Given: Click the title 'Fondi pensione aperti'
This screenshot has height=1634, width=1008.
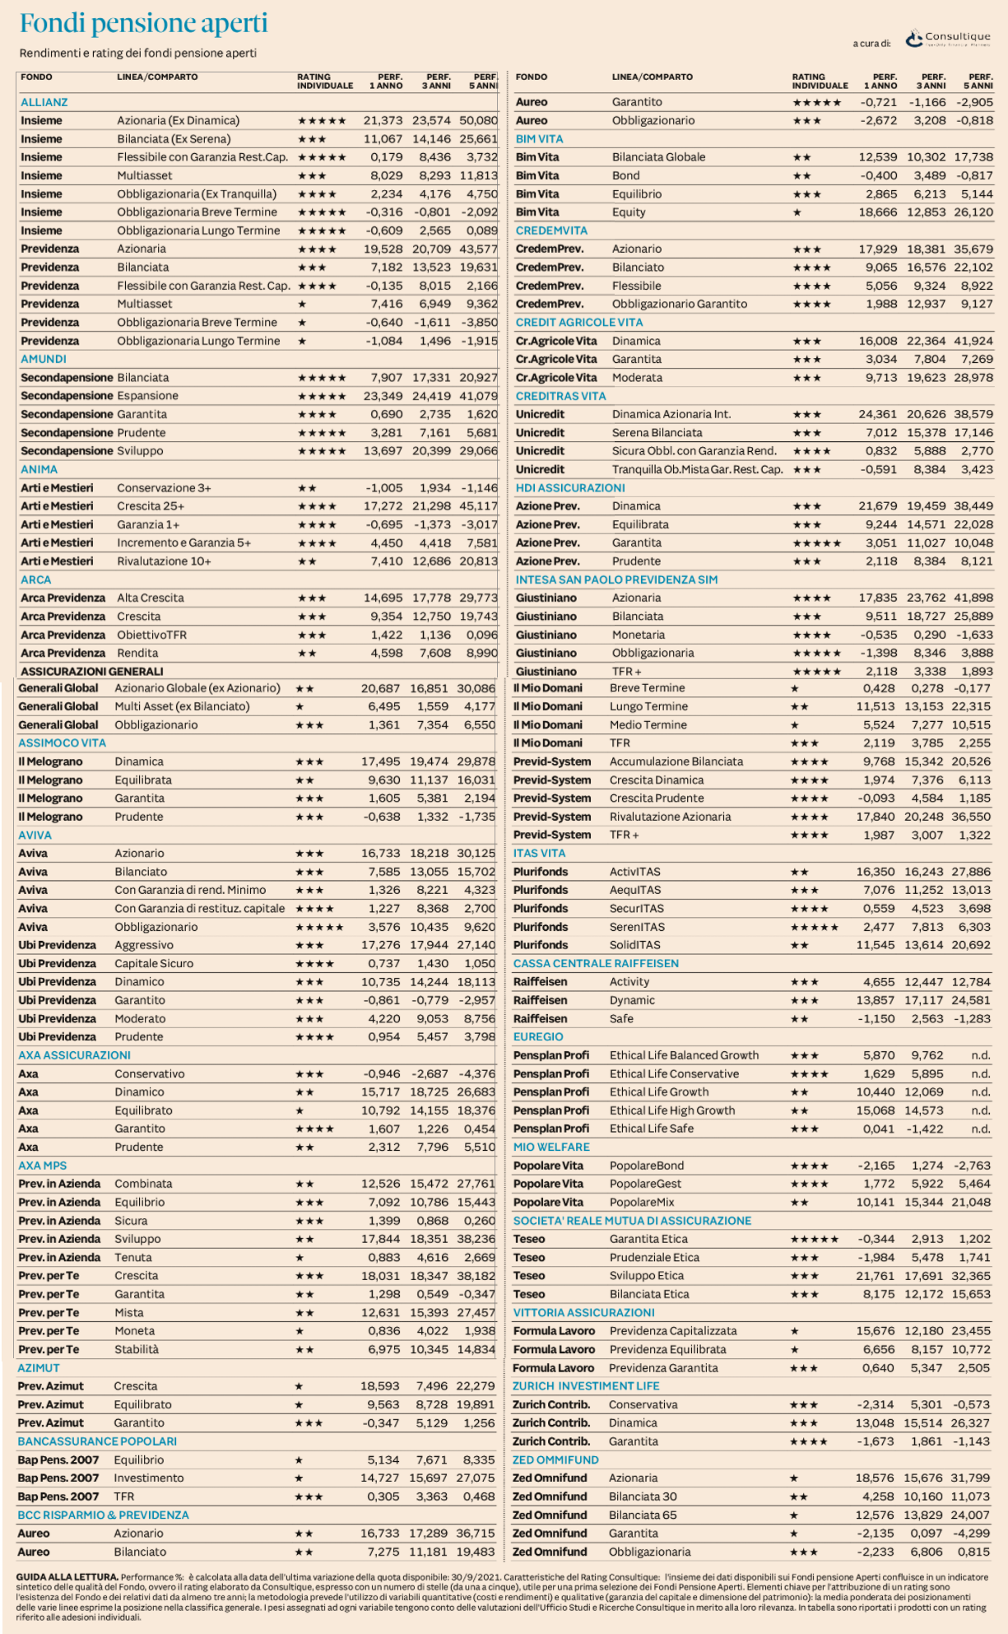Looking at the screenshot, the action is click(x=143, y=24).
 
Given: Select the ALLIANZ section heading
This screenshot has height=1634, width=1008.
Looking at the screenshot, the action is click(x=44, y=102).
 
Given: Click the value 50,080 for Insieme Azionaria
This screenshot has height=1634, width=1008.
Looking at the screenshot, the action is click(x=479, y=120).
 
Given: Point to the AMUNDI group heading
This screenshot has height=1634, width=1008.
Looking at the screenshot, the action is click(x=44, y=359).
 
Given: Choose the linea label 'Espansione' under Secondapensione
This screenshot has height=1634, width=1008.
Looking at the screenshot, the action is click(x=147, y=396).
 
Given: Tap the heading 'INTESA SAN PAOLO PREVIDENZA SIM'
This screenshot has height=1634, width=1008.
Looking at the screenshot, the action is click(x=616, y=580).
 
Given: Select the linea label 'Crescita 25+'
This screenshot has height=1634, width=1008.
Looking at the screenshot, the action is click(x=151, y=506).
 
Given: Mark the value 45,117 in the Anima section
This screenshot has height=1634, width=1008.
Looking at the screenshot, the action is click(x=479, y=506).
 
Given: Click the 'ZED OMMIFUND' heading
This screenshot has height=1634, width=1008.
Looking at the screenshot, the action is click(x=555, y=1459).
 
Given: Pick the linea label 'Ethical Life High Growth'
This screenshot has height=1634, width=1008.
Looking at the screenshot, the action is click(x=672, y=1110).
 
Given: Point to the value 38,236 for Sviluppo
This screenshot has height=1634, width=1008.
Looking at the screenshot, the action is click(x=476, y=1239).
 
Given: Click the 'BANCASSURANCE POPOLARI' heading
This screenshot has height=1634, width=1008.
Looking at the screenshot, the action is click(x=97, y=1441).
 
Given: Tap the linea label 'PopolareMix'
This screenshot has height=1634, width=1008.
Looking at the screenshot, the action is click(x=642, y=1202).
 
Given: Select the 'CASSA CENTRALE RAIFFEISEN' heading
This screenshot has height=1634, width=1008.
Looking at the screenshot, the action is click(x=596, y=963).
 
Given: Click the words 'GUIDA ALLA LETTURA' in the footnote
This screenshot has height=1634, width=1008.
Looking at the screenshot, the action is click(x=67, y=1577).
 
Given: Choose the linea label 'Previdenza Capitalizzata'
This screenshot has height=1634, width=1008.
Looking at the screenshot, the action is click(x=673, y=1330).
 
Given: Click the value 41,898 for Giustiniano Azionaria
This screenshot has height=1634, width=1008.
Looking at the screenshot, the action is click(x=973, y=598).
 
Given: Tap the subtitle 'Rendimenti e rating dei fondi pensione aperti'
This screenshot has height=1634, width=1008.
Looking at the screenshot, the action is click(x=138, y=54).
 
